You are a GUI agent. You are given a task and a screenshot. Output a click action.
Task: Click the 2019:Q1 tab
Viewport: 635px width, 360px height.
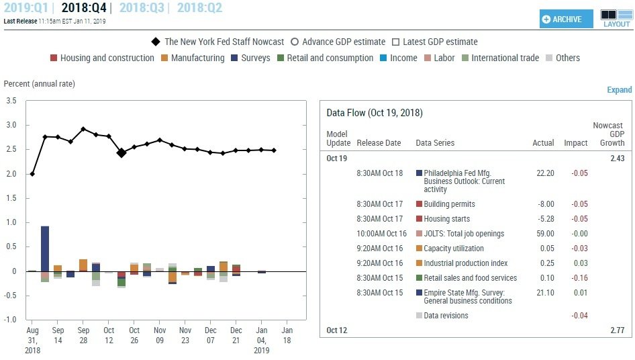click(26, 8)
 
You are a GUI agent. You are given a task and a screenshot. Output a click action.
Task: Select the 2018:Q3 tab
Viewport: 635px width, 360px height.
click(142, 8)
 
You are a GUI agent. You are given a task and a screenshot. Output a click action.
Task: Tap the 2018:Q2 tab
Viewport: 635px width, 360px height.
click(199, 8)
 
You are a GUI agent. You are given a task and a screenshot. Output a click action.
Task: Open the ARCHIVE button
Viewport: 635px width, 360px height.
click(567, 19)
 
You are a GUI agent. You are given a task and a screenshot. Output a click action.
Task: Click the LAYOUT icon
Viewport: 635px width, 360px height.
click(616, 17)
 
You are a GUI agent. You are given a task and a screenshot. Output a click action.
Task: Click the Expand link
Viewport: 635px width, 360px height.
click(619, 90)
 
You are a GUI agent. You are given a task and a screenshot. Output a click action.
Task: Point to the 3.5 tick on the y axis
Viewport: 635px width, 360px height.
click(11, 101)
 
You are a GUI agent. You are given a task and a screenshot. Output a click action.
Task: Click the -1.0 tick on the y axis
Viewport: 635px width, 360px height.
click(9, 320)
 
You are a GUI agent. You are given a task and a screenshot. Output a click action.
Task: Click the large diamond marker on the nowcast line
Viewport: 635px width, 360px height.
click(121, 153)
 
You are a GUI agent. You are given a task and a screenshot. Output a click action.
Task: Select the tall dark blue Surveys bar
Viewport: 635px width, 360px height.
click(45, 249)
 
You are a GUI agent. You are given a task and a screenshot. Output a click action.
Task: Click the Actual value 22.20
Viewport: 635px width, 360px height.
click(544, 173)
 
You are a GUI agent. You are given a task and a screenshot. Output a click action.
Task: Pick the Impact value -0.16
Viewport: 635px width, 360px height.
click(578, 278)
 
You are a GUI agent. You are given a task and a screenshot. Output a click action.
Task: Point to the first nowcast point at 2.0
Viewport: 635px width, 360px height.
click(32, 174)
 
